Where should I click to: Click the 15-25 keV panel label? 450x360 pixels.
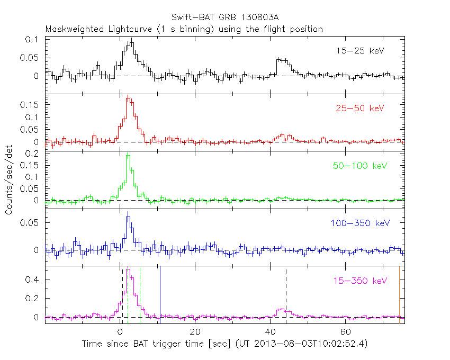coord(359,51)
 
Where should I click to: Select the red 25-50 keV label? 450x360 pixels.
coord(359,109)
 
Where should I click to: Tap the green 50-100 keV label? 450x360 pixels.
coord(360,166)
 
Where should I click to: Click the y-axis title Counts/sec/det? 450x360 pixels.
coord(10,180)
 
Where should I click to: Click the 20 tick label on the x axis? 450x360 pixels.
coord(195,332)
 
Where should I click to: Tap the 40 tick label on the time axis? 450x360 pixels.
coord(270,332)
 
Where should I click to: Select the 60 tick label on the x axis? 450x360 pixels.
coord(345,332)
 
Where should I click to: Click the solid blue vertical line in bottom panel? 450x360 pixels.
coord(160,294)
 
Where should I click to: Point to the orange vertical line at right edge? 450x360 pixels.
coord(399,294)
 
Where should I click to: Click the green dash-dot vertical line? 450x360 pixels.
coord(140,294)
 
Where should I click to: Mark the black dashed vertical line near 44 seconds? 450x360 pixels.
coord(286,294)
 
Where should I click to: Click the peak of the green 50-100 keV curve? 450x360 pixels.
coord(128,156)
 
